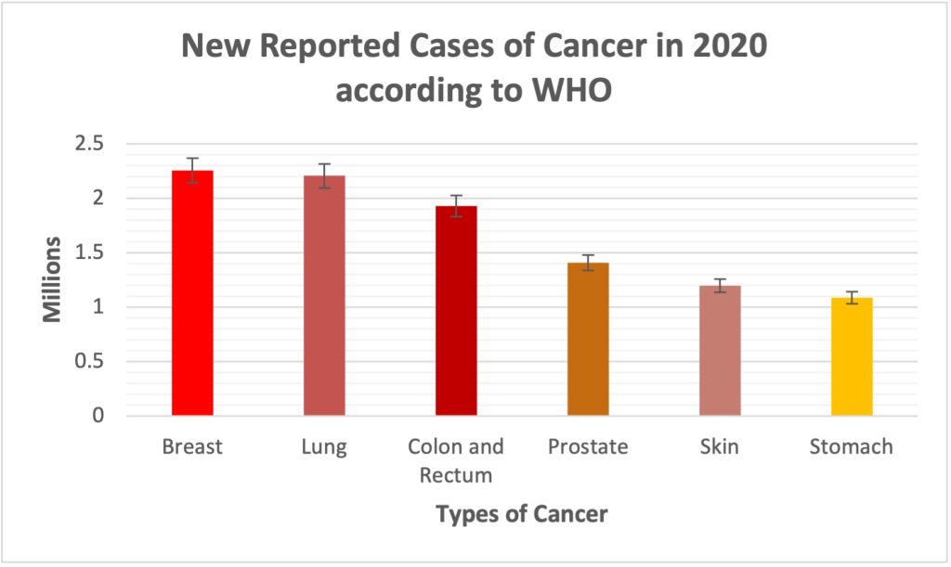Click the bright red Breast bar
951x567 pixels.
pyautogui.click(x=192, y=297)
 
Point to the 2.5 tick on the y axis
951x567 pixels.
pyautogui.click(x=90, y=144)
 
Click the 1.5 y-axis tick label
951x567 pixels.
pyautogui.click(x=90, y=252)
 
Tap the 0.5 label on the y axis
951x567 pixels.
pyautogui.click(x=90, y=362)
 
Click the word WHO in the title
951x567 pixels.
pyautogui.click(x=574, y=92)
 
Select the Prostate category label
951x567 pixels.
pyautogui.click(x=588, y=447)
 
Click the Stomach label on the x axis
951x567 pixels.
pyautogui.click(x=851, y=447)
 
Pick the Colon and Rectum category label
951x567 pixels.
pyautogui.click(x=456, y=460)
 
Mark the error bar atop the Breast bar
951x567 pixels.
pyautogui.click(x=192, y=171)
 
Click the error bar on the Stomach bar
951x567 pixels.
pyautogui.click(x=852, y=298)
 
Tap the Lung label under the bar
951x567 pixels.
pyautogui.click(x=324, y=447)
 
